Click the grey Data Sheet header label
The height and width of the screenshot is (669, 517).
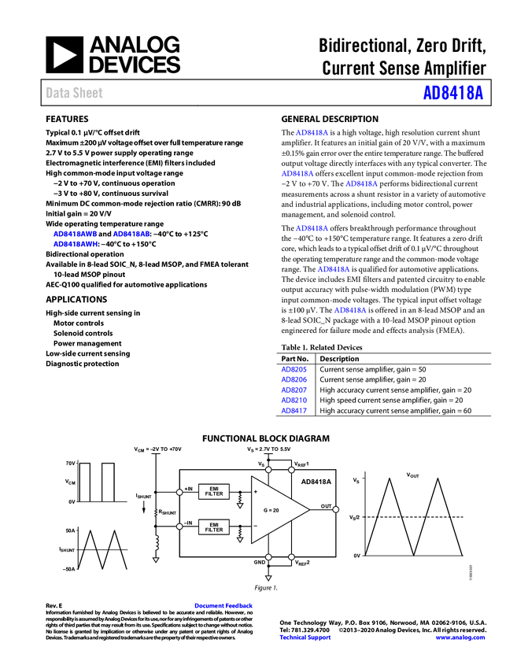point(75,93)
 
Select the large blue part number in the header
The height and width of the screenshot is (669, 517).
point(452,93)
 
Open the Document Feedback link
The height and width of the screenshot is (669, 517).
point(224,605)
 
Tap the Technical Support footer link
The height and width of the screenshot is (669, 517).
point(305,638)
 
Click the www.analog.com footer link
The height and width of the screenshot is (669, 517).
point(460,638)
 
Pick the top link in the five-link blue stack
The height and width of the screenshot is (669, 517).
point(294,369)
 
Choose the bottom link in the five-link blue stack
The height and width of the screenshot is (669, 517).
point(294,410)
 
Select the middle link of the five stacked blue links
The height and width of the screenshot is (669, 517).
point(294,390)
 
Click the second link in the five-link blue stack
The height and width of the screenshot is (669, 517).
point(294,379)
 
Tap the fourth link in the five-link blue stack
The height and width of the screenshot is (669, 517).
point(294,400)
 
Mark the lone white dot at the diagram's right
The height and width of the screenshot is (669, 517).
point(335,509)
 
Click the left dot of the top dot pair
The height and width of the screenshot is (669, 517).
point(268,470)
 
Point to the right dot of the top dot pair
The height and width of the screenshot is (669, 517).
point(291,470)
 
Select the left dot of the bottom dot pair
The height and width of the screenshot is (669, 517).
point(268,556)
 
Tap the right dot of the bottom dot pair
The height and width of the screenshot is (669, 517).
point(291,556)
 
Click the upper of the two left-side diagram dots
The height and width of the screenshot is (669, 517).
point(179,492)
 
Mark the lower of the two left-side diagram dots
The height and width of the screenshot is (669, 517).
point(179,527)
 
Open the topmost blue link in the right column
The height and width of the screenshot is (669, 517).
point(312,132)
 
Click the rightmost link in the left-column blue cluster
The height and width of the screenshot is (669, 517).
point(131,234)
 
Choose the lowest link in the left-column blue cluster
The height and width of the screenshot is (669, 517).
point(74,244)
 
